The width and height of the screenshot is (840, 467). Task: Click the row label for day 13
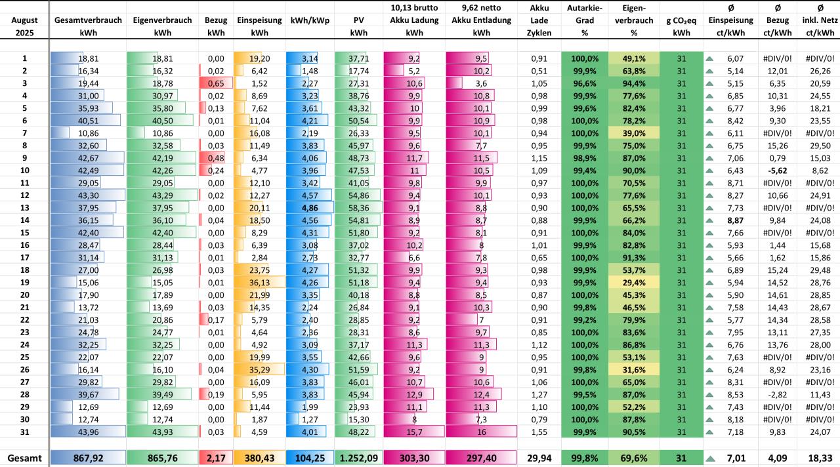(x=24, y=207)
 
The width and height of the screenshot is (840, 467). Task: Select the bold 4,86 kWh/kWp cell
(x=308, y=207)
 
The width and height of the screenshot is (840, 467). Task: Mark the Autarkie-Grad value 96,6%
(x=585, y=83)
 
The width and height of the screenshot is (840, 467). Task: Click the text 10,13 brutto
(x=414, y=8)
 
